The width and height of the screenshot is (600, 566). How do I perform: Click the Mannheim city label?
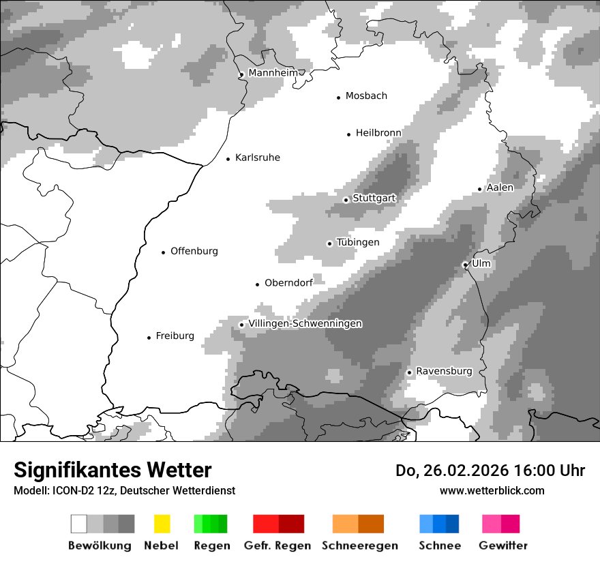[273, 73]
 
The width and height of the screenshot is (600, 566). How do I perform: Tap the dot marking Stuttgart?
[346, 200]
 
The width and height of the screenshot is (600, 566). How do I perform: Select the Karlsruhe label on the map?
[257, 158]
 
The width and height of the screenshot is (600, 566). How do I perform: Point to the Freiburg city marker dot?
[149, 338]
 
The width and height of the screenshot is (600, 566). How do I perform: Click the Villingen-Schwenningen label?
[305, 323]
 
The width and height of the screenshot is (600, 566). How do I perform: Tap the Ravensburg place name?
[444, 371]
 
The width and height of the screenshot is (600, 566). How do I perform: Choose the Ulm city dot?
[465, 265]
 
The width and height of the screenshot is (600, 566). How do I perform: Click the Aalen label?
[500, 188]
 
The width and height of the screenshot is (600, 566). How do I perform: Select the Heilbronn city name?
[378, 133]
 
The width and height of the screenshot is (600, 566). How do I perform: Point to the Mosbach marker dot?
[338, 98]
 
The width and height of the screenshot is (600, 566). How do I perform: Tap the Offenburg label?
[194, 251]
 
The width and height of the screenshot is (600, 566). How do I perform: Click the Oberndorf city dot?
[257, 284]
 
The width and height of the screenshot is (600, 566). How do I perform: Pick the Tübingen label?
[358, 242]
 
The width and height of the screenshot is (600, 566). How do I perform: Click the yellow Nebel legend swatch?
[162, 524]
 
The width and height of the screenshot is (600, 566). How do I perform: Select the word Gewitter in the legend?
[503, 546]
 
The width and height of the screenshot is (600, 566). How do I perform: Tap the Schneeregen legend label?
[360, 546]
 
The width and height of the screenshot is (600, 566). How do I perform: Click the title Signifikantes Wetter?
[112, 470]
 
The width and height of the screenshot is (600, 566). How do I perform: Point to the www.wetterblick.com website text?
[492, 490]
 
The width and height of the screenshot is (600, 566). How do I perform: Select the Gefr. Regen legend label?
[277, 546]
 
